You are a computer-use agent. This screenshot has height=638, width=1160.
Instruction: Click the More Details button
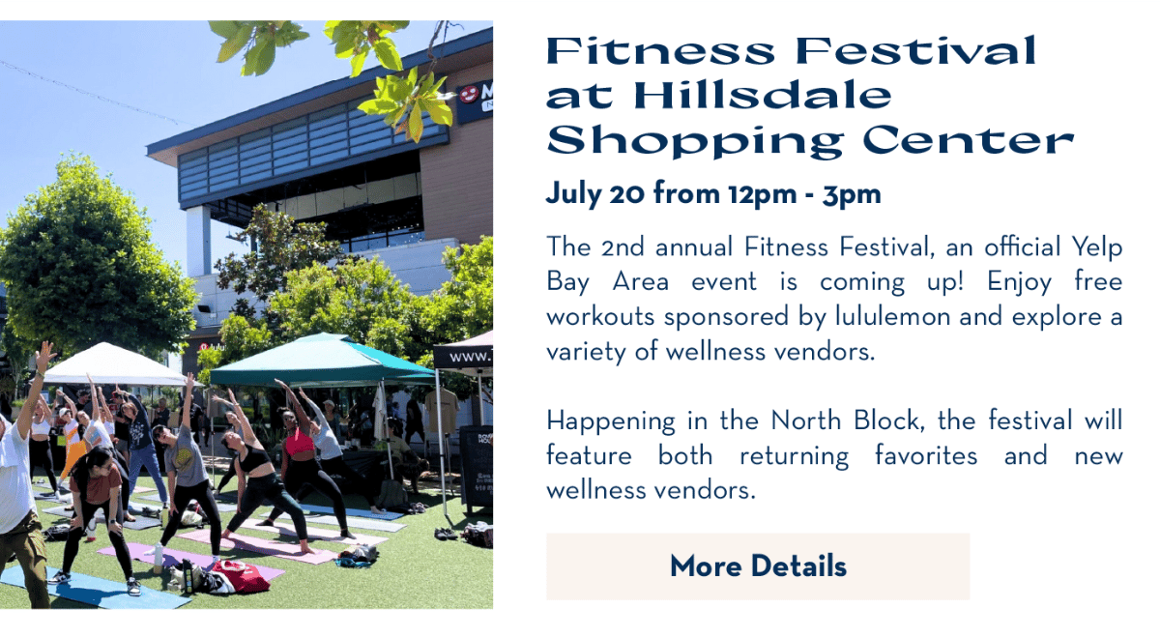tap(758, 566)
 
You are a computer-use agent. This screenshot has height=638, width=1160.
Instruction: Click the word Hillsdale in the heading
tap(763, 97)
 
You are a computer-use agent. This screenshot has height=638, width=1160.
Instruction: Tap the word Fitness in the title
tap(660, 50)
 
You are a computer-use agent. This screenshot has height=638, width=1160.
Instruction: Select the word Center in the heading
tap(968, 141)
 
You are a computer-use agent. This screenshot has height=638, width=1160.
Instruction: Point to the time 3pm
tap(852, 194)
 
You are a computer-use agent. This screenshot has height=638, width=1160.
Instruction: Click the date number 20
tap(626, 194)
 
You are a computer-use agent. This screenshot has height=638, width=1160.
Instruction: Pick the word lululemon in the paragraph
tap(893, 316)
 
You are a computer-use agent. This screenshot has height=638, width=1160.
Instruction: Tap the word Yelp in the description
tap(1097, 247)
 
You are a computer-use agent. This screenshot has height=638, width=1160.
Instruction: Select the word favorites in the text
tap(926, 455)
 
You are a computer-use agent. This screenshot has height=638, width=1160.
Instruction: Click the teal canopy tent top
tap(322, 360)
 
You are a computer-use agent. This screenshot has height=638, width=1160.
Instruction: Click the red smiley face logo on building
tap(469, 94)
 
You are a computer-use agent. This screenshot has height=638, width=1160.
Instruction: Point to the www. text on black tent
tap(470, 357)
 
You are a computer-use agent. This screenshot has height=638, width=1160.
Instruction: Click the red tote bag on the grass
tap(241, 575)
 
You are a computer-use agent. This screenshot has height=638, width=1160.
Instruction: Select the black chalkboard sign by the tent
tap(476, 466)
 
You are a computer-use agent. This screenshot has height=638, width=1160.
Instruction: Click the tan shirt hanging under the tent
tap(442, 411)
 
